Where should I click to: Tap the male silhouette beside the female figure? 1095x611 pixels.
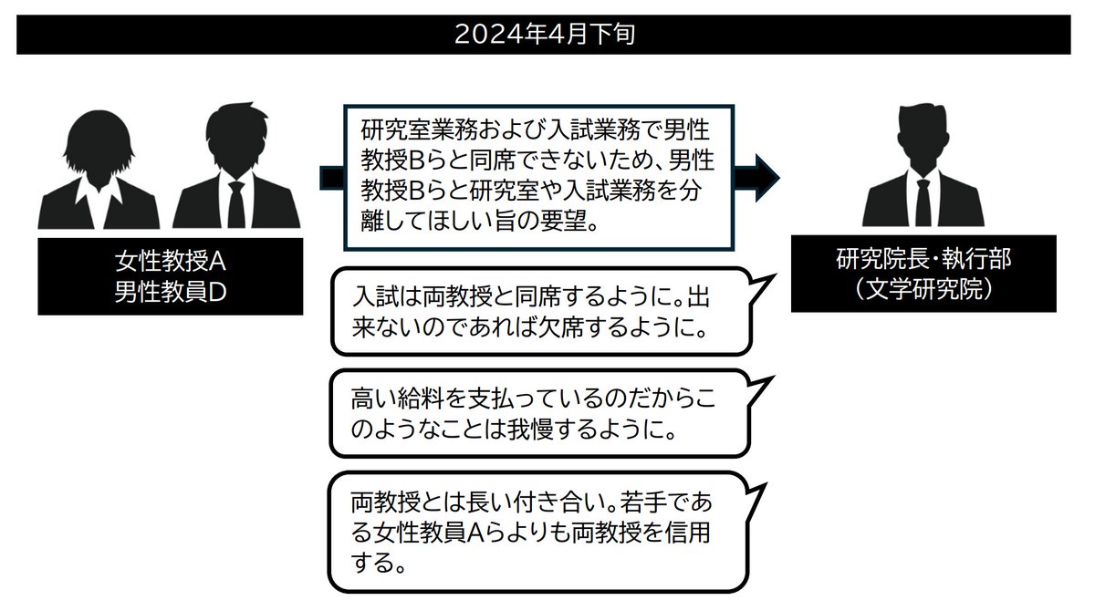click(x=236, y=169)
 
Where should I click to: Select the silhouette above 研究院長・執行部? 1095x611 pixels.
click(x=923, y=169)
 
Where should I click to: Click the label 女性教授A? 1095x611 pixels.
click(x=170, y=263)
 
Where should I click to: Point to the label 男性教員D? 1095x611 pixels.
click(x=170, y=291)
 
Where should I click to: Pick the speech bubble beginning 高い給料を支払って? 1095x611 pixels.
click(x=538, y=413)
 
